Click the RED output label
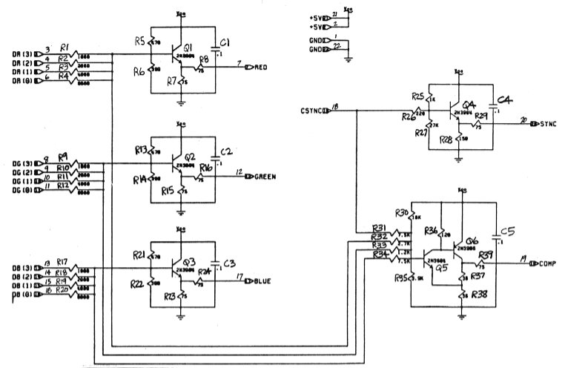tap(261, 67)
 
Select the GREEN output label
tap(265, 177)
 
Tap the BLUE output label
tap(262, 281)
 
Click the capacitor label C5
tap(508, 230)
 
